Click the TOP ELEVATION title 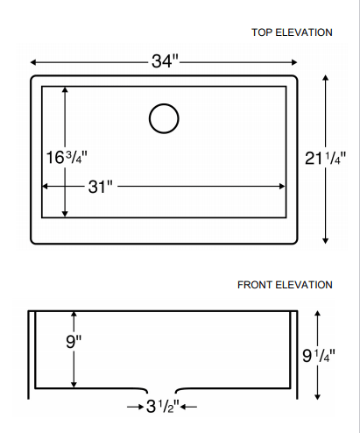[x=292, y=32]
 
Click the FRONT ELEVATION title [x=285, y=285]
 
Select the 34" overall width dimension [x=164, y=61]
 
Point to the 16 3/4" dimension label [x=67, y=157]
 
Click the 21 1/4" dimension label [x=326, y=159]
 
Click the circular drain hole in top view [x=164, y=118]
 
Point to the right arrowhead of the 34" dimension [x=296, y=62]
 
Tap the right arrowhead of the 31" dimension [x=282, y=187]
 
